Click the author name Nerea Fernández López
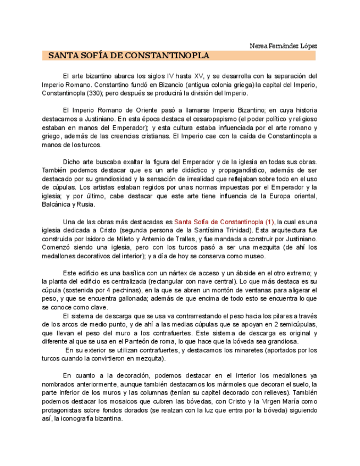click(283, 46)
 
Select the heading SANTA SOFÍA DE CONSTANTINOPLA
click(129, 56)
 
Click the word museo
click(252, 256)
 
